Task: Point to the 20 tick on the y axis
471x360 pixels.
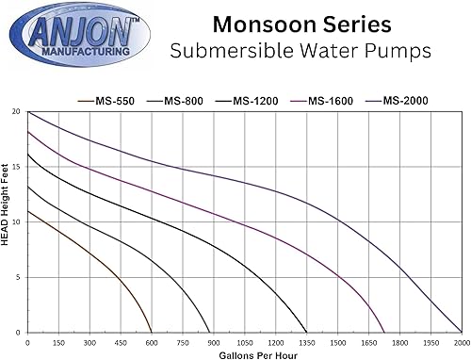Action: tap(16, 111)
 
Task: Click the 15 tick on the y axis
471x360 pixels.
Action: tap(16, 167)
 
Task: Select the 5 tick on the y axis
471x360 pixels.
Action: tap(18, 277)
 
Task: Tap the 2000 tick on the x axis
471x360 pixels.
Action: tap(461, 341)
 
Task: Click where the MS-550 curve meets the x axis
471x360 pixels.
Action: tap(152, 332)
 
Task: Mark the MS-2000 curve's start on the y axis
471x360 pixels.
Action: tap(28, 112)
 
